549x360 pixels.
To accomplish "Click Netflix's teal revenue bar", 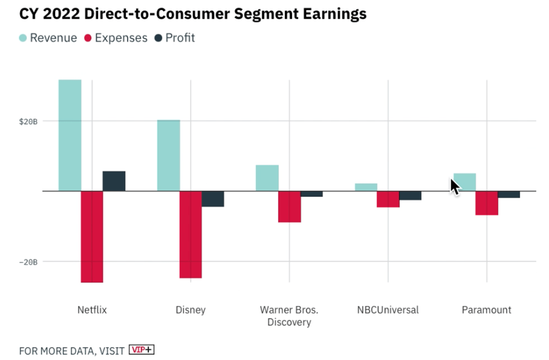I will (70, 135).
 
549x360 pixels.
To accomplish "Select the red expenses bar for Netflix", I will (92, 237).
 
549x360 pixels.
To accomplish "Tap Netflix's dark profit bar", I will (114, 181).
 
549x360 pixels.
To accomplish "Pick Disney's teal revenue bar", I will (168, 156).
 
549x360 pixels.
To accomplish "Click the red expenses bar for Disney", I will (190, 235).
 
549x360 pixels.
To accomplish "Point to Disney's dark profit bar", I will (213, 199).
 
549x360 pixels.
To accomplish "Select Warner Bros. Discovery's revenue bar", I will (267, 178).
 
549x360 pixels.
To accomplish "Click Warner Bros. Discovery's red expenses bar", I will (289, 207).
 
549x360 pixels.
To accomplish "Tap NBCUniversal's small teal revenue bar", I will (366, 187).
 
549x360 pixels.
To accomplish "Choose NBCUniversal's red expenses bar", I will (388, 199).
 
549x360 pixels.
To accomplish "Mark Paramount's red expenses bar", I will (487, 203).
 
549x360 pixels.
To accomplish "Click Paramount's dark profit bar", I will (509, 195).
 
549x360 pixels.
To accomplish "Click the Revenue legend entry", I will (48, 38).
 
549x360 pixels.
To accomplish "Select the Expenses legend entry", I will (116, 38).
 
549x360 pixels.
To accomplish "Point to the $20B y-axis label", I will (28, 121).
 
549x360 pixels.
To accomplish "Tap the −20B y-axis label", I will (28, 262).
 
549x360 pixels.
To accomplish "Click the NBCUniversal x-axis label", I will (388, 310).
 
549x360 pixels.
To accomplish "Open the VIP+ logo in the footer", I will (141, 350).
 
